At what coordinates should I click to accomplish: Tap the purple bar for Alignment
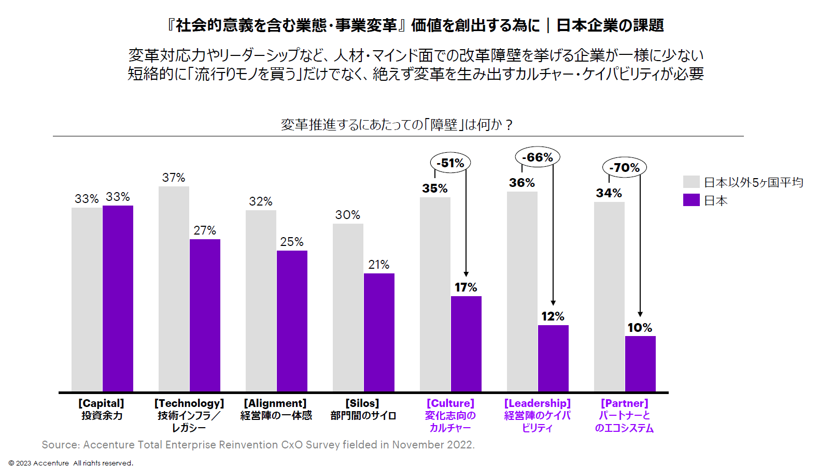(x=292, y=321)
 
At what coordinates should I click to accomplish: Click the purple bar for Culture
(x=466, y=344)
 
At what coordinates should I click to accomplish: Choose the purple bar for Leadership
(x=553, y=358)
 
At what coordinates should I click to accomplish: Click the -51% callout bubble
(x=450, y=163)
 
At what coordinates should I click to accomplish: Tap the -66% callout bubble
(x=538, y=157)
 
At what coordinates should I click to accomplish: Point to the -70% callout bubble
(x=624, y=168)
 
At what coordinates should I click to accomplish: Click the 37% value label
(x=174, y=178)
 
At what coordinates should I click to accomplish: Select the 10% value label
(x=640, y=328)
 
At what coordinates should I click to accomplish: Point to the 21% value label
(x=378, y=265)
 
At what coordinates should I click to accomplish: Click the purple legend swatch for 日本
(x=691, y=200)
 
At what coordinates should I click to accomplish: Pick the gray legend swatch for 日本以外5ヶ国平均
(x=691, y=182)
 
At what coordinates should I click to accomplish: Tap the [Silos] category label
(x=362, y=403)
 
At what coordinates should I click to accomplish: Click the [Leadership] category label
(x=537, y=403)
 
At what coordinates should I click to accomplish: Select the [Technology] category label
(x=189, y=403)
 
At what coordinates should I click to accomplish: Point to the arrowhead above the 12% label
(x=553, y=303)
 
